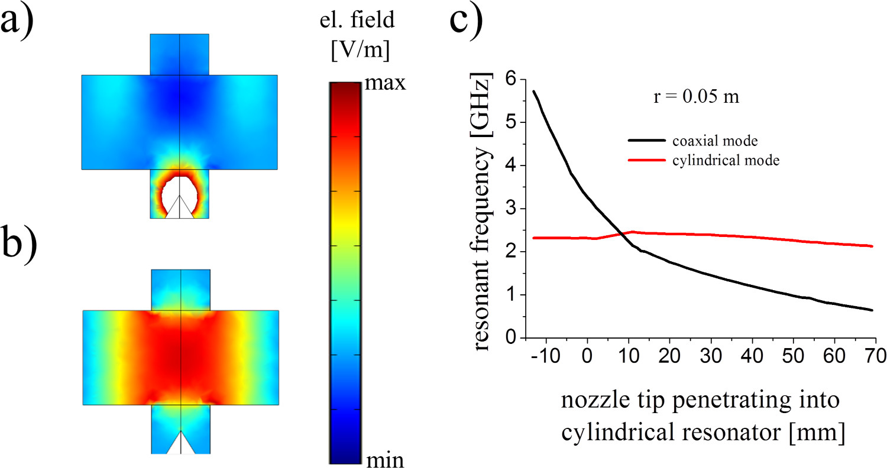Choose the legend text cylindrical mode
tap(726, 160)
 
